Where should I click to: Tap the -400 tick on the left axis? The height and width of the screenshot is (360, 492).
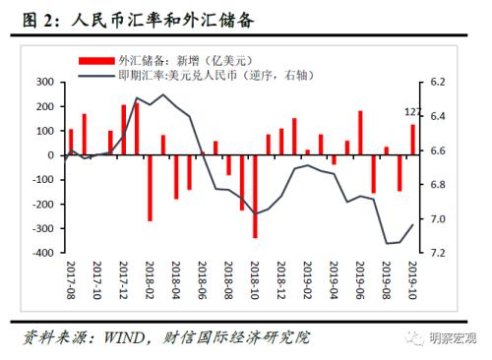coord(39,253)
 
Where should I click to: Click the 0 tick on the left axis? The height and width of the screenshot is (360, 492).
coord(50,154)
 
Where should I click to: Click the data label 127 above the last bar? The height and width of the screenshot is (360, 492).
coord(414,112)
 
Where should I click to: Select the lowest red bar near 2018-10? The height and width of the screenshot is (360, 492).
coord(255,196)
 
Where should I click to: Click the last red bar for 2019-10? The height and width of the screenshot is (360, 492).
coord(413,139)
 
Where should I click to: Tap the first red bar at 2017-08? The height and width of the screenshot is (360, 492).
coord(71,142)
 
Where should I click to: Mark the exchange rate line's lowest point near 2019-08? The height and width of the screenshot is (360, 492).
coord(387,243)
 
